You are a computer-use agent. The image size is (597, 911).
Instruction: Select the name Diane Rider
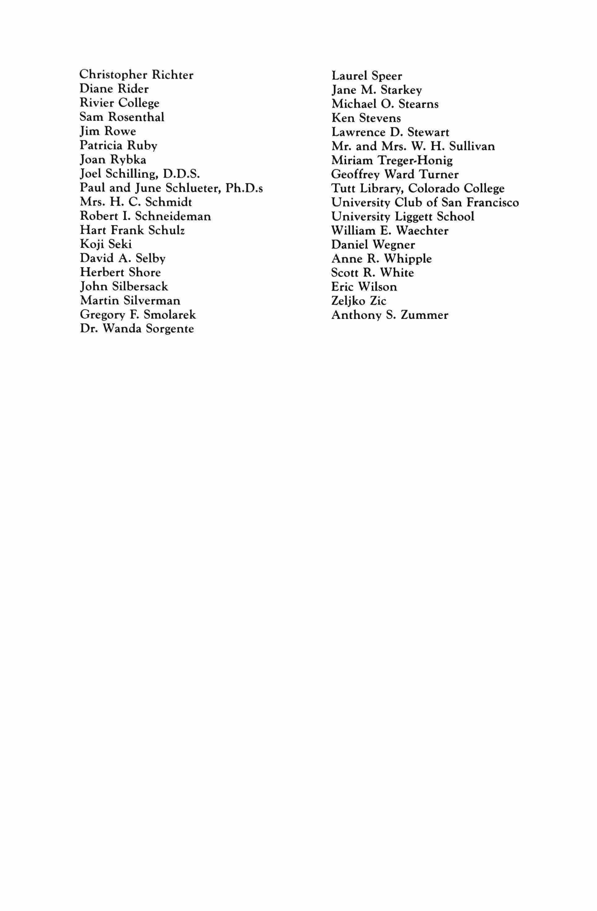[114, 89]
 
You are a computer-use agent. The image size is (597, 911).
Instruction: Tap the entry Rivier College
[119, 103]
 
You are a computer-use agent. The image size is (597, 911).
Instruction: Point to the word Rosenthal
[136, 117]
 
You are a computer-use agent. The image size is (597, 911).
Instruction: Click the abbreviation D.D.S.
[182, 174]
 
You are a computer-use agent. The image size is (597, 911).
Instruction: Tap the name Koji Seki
[106, 244]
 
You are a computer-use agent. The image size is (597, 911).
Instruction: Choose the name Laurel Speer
[367, 76]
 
